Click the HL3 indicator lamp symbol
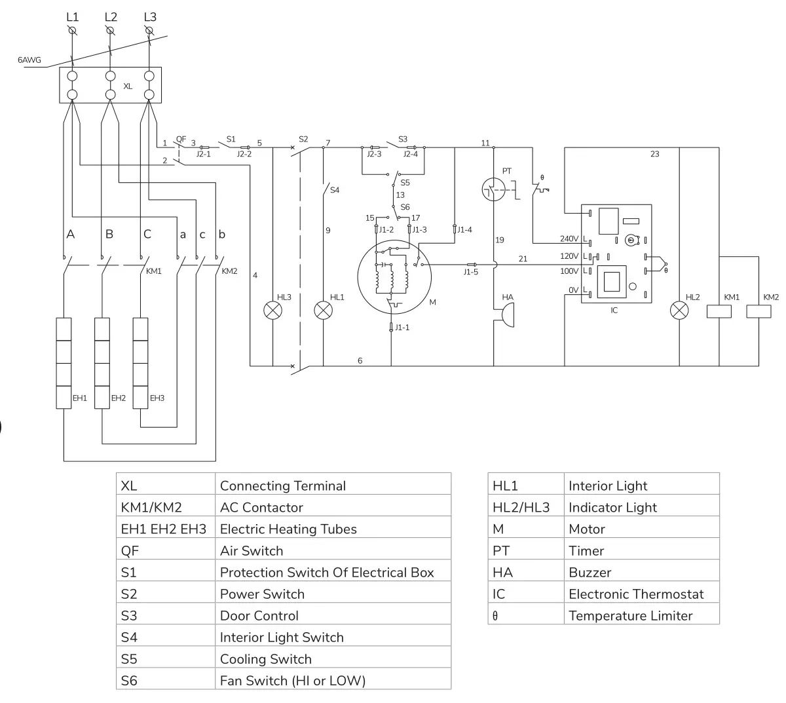pyautogui.click(x=272, y=310)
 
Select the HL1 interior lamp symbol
pyautogui.click(x=324, y=310)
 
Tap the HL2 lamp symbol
pyautogui.click(x=679, y=310)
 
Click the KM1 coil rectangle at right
pyautogui.click(x=719, y=312)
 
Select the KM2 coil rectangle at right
pyautogui.click(x=758, y=312)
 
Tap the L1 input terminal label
pyautogui.click(x=72, y=17)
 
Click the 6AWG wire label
pyautogui.click(x=29, y=60)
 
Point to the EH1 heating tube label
pyautogui.click(x=80, y=398)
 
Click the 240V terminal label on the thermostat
pyautogui.click(x=569, y=239)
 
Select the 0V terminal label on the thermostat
pyautogui.click(x=572, y=290)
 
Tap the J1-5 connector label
pyautogui.click(x=470, y=272)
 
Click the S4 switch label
pyautogui.click(x=335, y=190)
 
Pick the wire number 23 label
pyautogui.click(x=654, y=155)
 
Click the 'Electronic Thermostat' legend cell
pyautogui.click(x=636, y=594)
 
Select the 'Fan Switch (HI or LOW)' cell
pyautogui.click(x=293, y=681)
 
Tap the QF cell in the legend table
pyautogui.click(x=130, y=551)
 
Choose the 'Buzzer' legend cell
pyautogui.click(x=589, y=573)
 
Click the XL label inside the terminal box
pyautogui.click(x=128, y=86)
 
